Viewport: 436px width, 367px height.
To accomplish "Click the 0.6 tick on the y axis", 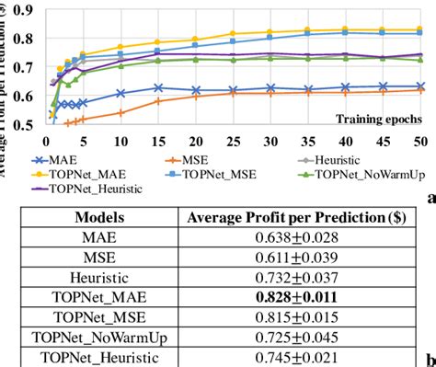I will pos(29,96).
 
